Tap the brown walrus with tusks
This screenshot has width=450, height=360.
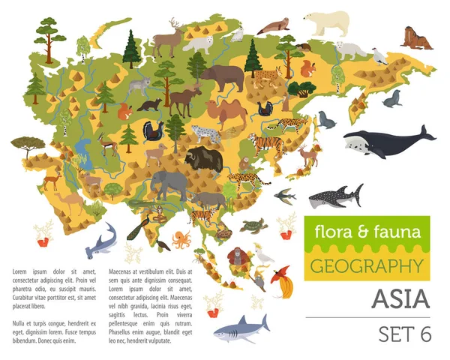coord(417,37)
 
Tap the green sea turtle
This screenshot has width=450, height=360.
coord(253,225)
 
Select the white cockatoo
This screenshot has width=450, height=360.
coord(264,254)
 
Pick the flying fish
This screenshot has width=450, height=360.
coord(283,196)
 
